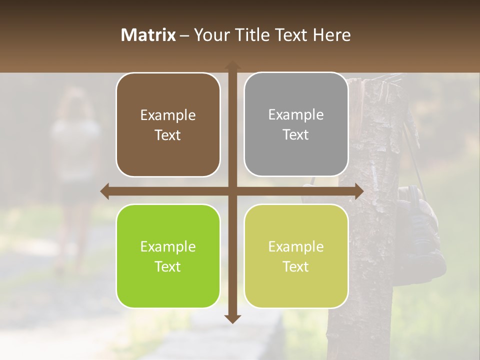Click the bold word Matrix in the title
tap(148, 35)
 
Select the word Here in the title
tap(331, 35)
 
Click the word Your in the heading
tap(210, 35)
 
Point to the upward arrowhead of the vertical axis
tap(232, 65)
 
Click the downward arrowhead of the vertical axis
tap(232, 318)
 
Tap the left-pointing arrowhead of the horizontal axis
tap(105, 191)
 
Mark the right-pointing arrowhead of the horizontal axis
tap(358, 191)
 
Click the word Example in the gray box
tap(296, 114)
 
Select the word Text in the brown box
tap(168, 135)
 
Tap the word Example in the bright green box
tap(168, 246)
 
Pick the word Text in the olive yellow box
tap(296, 266)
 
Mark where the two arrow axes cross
tap(232, 191)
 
